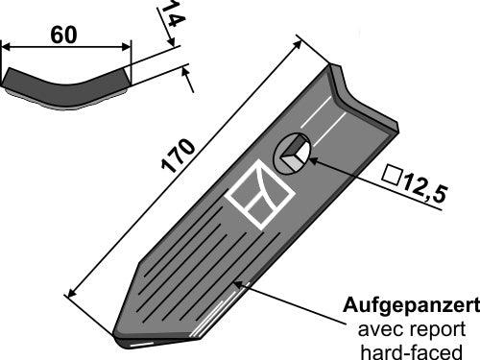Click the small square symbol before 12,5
click(x=391, y=175)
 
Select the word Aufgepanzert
click(x=411, y=309)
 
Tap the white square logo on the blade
click(x=258, y=196)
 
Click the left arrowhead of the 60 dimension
click(x=6, y=45)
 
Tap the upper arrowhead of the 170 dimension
click(x=300, y=40)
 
